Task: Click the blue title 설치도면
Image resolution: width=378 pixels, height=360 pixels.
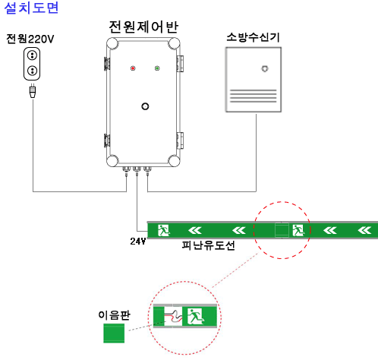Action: [31, 8]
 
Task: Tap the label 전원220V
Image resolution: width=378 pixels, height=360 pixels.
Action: [30, 39]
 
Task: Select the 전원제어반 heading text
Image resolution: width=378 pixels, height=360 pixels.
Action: [143, 27]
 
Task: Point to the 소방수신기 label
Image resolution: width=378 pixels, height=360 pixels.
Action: [253, 37]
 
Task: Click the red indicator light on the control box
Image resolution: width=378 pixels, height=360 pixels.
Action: [133, 68]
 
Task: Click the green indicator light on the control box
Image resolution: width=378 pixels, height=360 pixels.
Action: [157, 68]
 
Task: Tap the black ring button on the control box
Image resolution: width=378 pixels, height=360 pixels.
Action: [145, 106]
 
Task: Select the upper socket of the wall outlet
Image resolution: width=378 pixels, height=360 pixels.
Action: [32, 55]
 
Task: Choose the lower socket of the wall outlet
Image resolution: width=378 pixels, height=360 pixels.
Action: [32, 71]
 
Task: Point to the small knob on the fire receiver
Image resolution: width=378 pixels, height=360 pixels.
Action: [265, 68]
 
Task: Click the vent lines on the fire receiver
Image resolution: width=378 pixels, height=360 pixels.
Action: [253, 96]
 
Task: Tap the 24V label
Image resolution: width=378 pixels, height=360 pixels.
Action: [138, 242]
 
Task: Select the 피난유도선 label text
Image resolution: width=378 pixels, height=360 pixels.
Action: [208, 245]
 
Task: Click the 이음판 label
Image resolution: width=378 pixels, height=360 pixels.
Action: [114, 315]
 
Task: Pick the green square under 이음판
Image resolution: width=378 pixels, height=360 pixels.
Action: [114, 333]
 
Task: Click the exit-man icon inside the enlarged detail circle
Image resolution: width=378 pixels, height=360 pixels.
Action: [195, 317]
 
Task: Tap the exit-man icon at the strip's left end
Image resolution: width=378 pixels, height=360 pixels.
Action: [164, 230]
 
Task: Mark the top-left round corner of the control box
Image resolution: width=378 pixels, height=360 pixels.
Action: [112, 43]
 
